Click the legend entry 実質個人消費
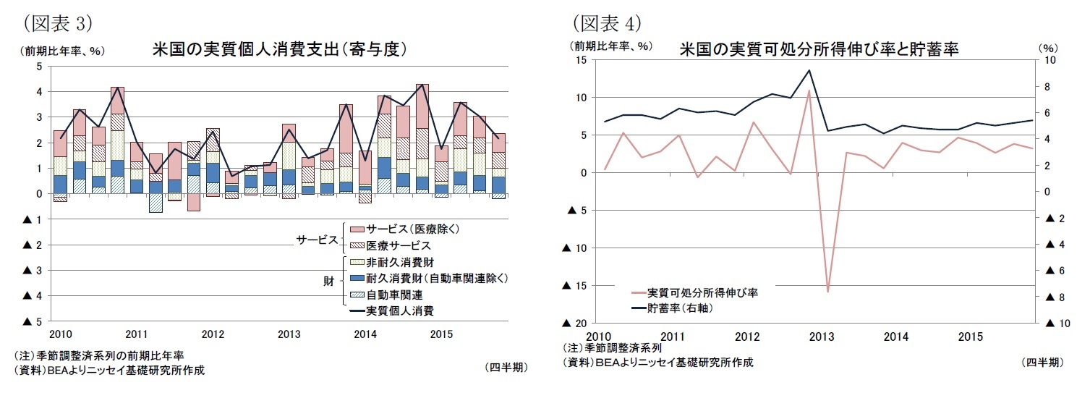click(400, 311)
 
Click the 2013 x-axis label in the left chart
click(289, 334)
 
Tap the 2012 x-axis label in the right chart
click(747, 337)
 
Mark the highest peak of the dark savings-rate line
click(809, 70)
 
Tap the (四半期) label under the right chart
click(1042, 363)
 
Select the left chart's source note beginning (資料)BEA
click(108, 370)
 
